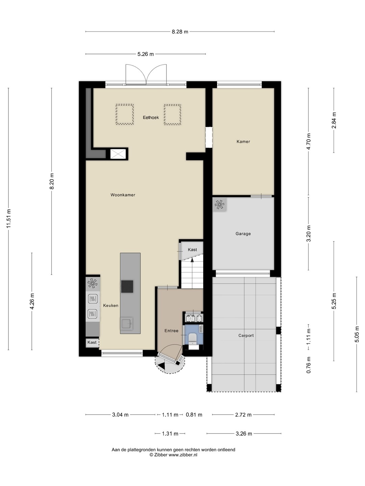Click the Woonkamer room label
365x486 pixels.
coord(123,195)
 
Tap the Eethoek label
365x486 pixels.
coord(151,117)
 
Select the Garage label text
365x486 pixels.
coord(243,234)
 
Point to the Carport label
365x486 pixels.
coord(246,335)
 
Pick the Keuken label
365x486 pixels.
coord(111,305)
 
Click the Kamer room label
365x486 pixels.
coord(243,141)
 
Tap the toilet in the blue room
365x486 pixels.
coord(192,339)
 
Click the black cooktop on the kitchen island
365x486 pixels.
coord(127,287)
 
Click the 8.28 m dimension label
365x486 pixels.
coord(180,32)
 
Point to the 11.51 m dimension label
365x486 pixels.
coord(9,218)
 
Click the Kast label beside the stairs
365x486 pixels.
coord(192,249)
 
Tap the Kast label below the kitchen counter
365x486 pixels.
coord(92,342)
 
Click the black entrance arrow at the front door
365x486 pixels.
coord(162,366)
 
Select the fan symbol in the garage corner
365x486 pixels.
coord(219,204)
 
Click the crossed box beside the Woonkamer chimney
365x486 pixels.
coord(118,154)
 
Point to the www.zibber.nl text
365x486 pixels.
coord(183,455)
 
